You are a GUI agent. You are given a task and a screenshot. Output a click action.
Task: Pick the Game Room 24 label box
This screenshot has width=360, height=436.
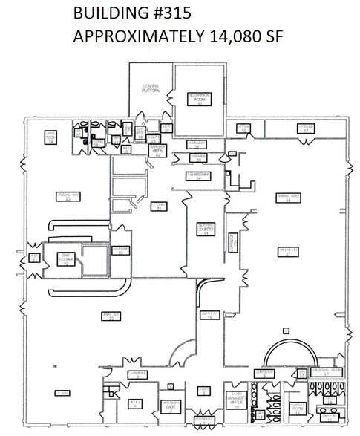point(51,137)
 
